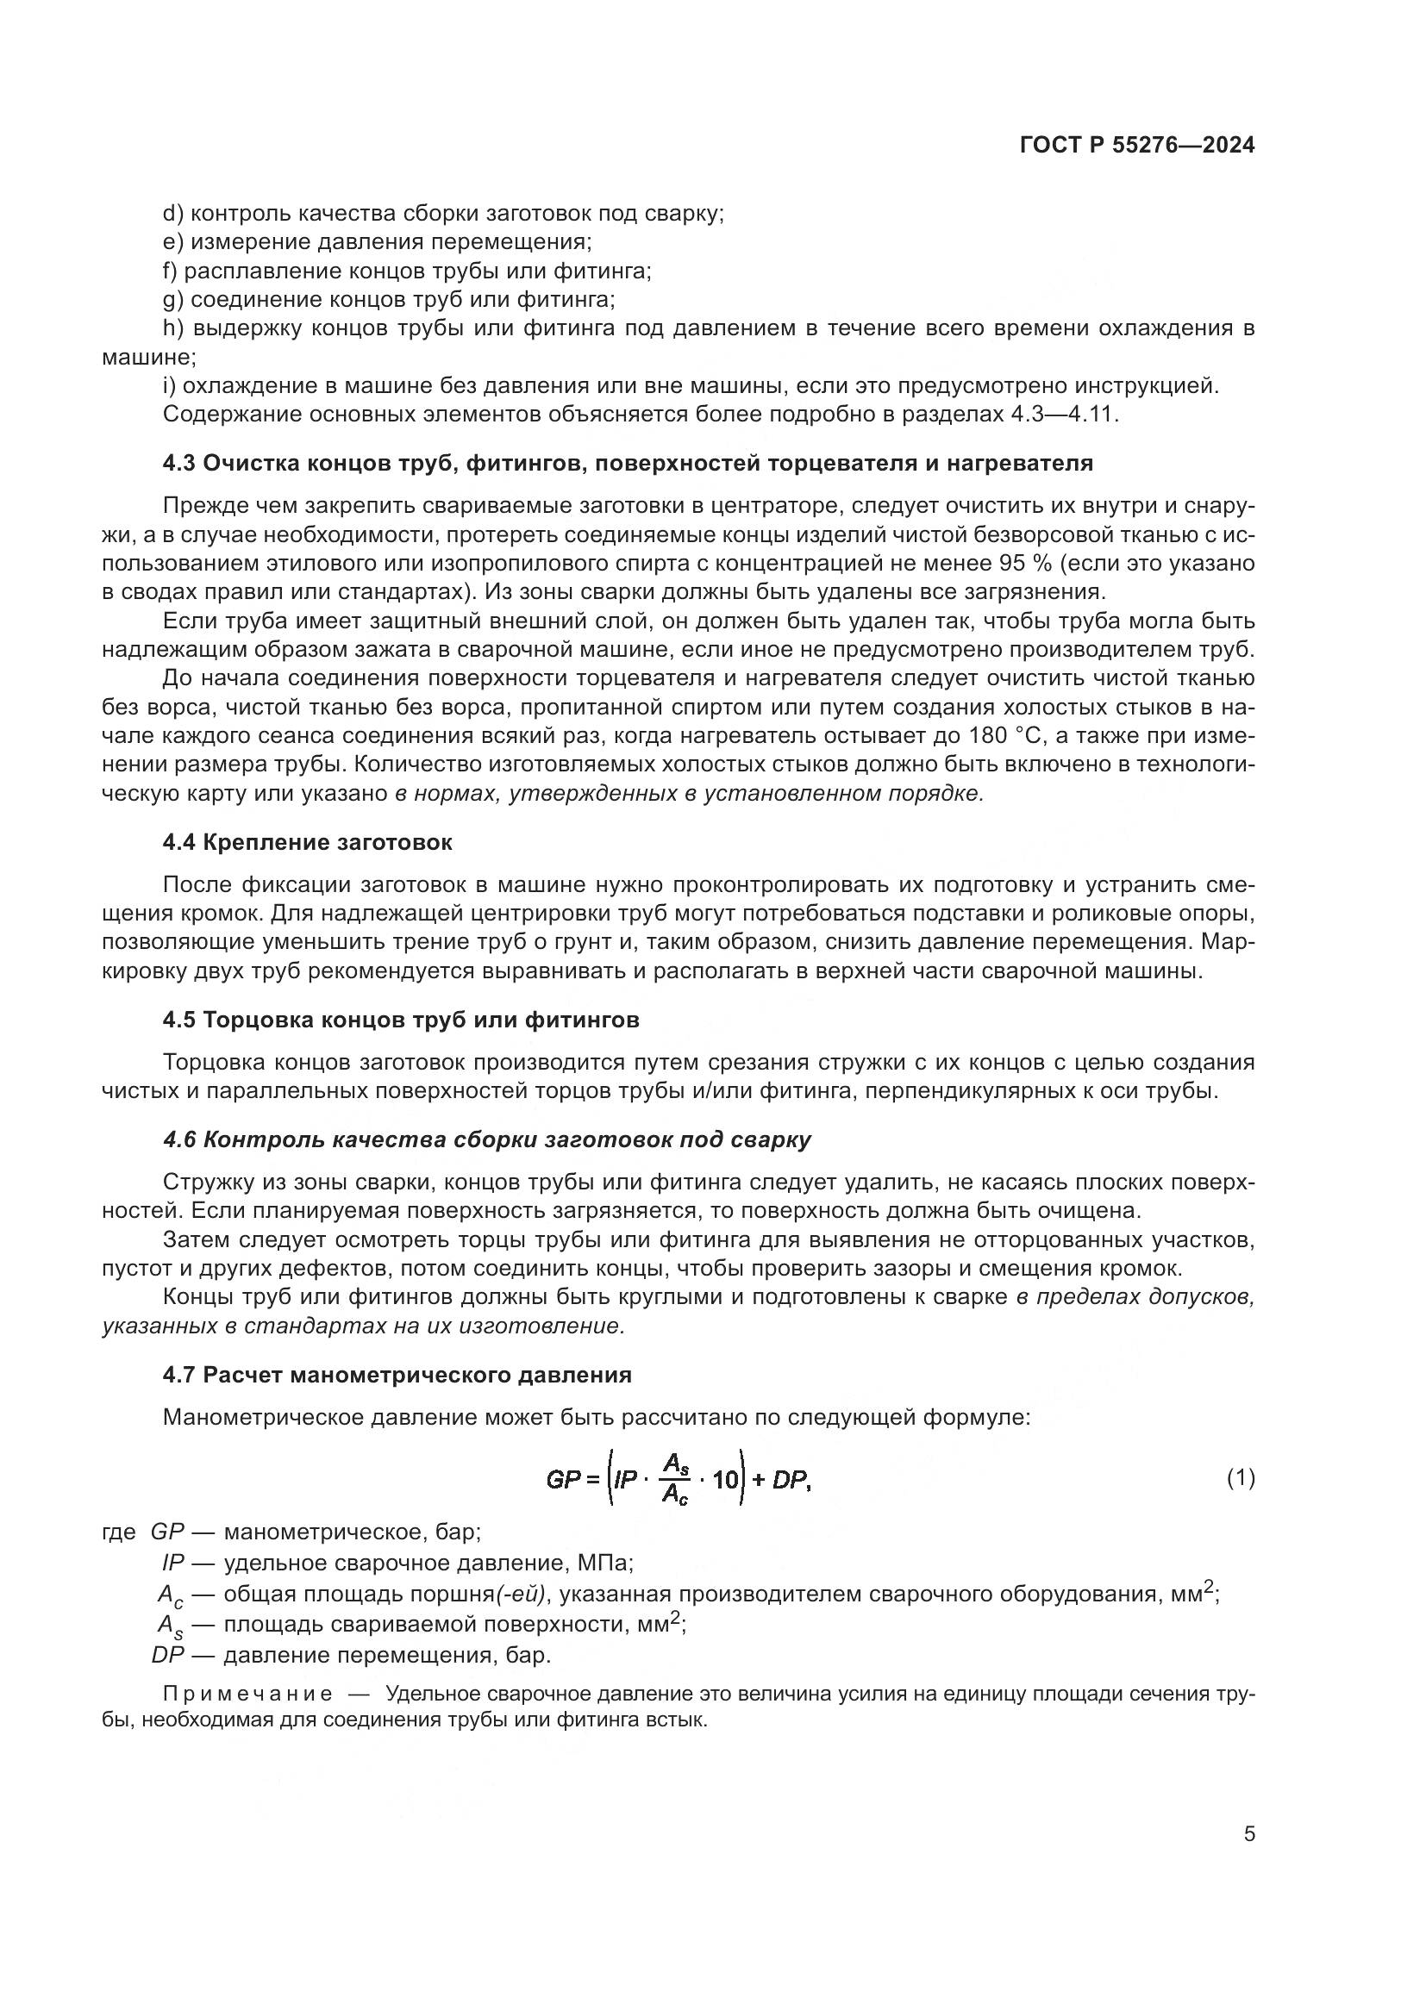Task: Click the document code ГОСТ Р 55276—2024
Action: point(1136,145)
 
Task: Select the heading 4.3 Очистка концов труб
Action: point(628,463)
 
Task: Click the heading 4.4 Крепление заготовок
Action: point(307,842)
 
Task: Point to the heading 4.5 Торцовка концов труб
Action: point(400,1020)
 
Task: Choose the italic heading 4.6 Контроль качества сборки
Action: point(486,1139)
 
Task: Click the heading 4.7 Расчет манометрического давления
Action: point(397,1374)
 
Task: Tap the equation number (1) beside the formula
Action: point(1240,1478)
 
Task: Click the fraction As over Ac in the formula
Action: point(675,1479)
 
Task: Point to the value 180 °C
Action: point(997,736)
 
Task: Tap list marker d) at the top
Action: point(172,214)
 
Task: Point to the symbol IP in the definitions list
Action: point(173,1562)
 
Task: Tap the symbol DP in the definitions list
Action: point(167,1655)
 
